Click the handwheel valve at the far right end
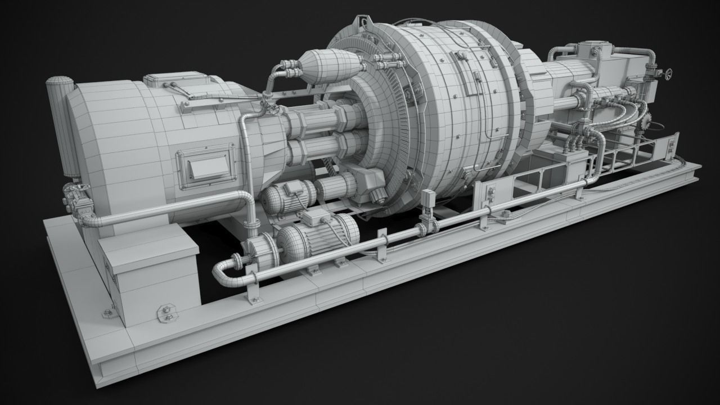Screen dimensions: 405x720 (668, 74)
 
